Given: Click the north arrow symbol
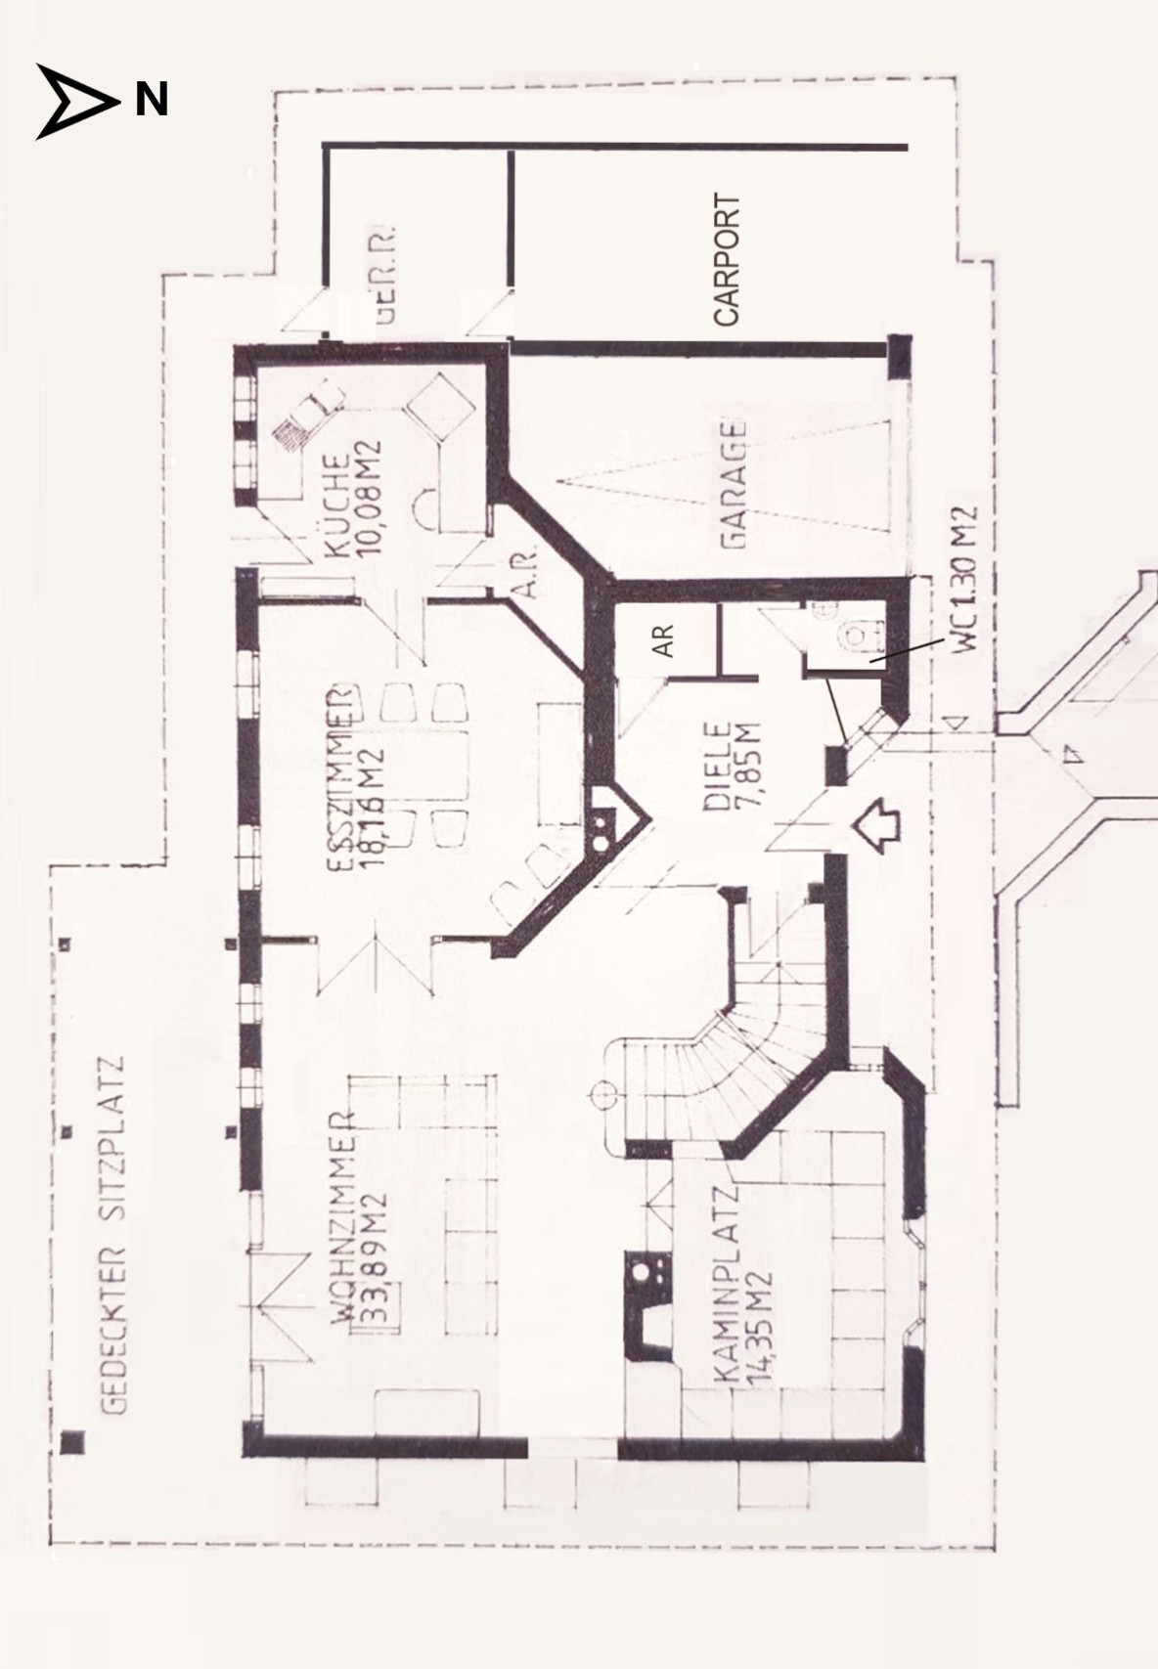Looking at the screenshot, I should click(x=73, y=100).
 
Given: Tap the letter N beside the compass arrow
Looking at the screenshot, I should click(x=151, y=100).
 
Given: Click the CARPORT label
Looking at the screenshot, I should click(x=728, y=260).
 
